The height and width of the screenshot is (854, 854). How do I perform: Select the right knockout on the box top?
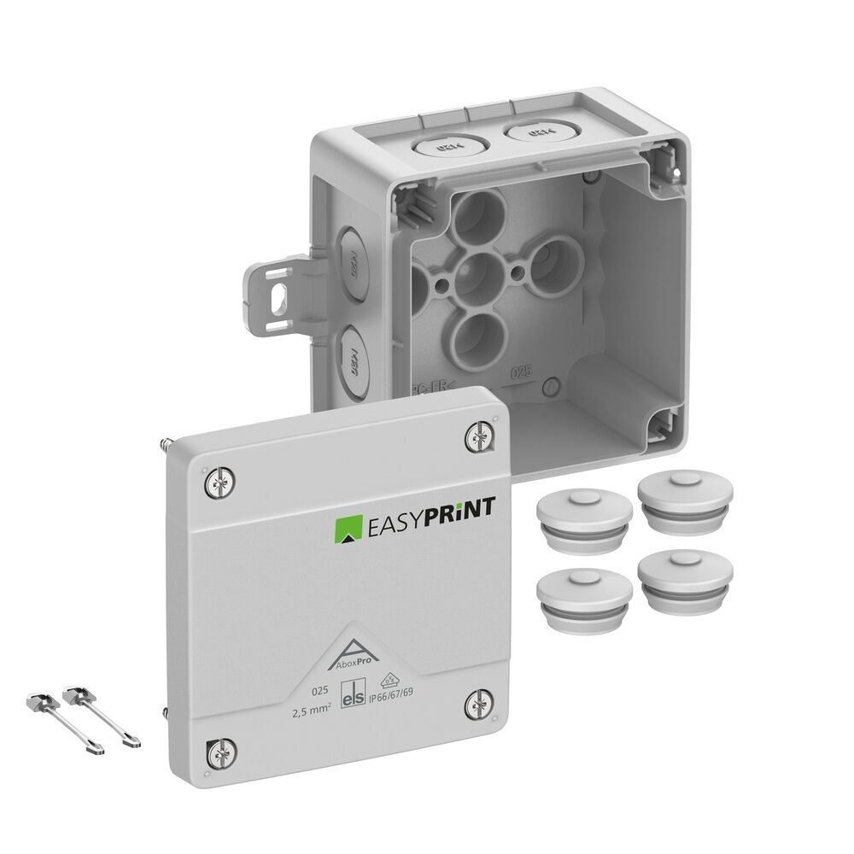[534, 133]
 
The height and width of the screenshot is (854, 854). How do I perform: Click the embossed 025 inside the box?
[521, 372]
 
